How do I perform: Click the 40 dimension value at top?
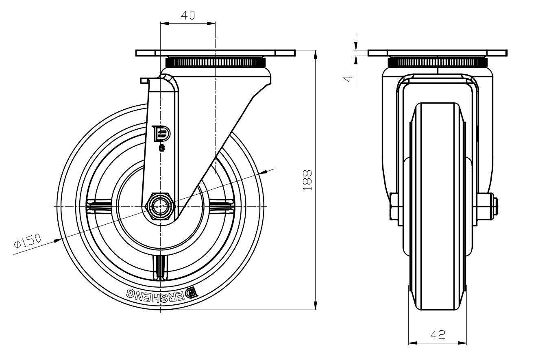click(x=188, y=15)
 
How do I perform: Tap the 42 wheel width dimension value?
click(x=438, y=335)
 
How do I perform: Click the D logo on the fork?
click(x=161, y=134)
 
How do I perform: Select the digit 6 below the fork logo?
click(x=161, y=148)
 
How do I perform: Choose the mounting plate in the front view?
click(x=437, y=53)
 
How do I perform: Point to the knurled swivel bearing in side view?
click(x=216, y=63)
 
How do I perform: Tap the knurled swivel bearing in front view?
click(x=438, y=63)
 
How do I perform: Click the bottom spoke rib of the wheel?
click(x=161, y=267)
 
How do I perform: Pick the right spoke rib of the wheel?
click(x=222, y=206)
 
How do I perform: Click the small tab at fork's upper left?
click(x=144, y=80)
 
